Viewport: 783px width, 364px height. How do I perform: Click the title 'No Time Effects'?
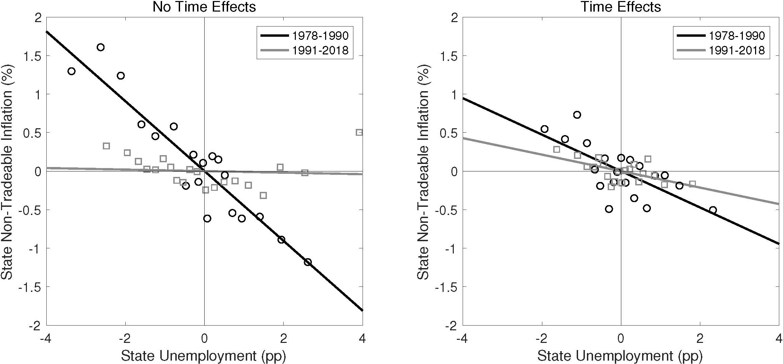204,7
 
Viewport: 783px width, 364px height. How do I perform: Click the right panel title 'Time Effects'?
621,7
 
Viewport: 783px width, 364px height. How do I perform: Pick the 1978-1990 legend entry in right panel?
721,35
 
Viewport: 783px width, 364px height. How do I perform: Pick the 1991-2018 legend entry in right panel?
721,50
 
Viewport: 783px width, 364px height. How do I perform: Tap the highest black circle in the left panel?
100,47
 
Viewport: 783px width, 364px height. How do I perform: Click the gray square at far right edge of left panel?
359,132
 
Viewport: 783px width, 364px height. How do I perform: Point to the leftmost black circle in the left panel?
71,71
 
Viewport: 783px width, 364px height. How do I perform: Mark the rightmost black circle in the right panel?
713,210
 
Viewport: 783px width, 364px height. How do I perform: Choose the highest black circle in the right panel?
577,115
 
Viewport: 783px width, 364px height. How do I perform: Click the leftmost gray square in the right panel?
557,149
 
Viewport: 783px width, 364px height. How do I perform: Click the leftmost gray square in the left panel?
106,146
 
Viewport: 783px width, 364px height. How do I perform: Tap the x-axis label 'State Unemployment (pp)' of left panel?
204,356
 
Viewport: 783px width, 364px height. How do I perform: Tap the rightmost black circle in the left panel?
308,262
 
